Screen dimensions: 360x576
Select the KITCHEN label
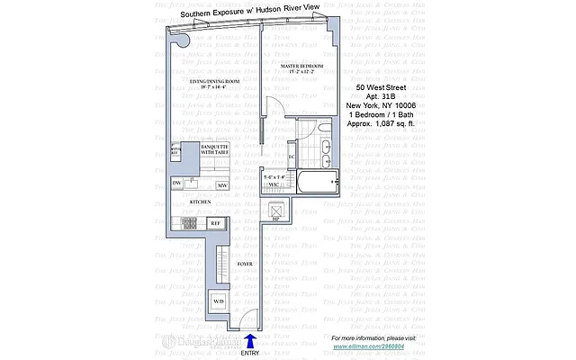[201, 202]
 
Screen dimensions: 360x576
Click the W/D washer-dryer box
[218, 301]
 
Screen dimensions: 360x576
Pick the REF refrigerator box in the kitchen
[215, 222]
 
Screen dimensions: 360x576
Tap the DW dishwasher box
[178, 184]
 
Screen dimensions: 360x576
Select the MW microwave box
[220, 184]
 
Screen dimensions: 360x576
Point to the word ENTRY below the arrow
[250, 353]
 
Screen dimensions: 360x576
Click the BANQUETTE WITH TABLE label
[214, 148]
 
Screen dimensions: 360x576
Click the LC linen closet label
[292, 157]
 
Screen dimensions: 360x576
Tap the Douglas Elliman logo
[203, 343]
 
